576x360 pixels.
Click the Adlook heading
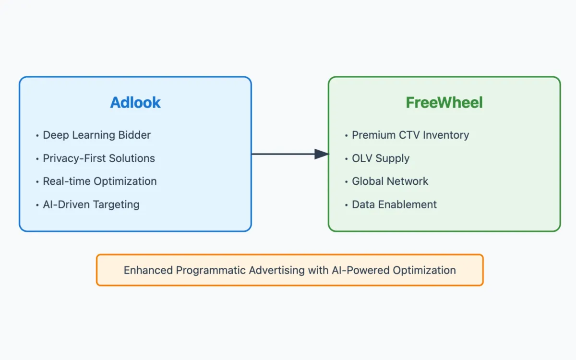135,103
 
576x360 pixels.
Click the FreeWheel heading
444,103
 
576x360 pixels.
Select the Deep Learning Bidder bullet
96,135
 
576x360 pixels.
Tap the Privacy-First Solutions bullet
99,158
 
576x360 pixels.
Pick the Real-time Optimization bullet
100,181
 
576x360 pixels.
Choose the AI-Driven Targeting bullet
91,204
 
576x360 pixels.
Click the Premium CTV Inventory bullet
410,135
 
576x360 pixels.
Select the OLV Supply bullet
381,158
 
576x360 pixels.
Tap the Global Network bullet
390,181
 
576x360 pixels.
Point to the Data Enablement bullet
394,204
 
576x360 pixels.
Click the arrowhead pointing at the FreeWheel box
322,154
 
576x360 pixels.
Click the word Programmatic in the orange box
211,270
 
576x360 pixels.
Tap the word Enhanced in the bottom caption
148,270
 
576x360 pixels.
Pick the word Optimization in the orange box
424,270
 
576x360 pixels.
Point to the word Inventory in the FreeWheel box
446,135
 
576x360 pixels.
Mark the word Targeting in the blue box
116,204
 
